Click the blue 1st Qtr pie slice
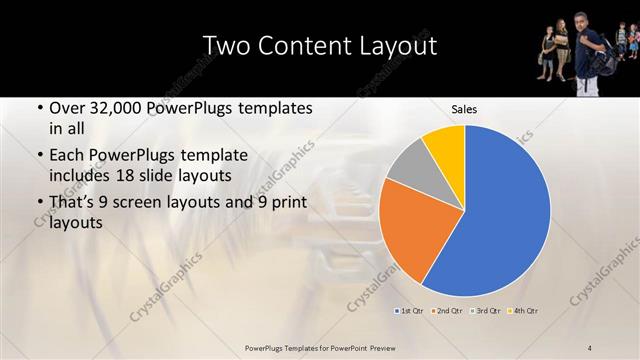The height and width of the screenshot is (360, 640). pyautogui.click(x=500, y=210)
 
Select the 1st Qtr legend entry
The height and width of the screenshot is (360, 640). pyautogui.click(x=408, y=311)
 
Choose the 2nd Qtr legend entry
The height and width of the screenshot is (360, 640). pyautogui.click(x=446, y=311)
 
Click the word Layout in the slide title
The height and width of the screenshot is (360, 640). pyautogui.click(x=394, y=46)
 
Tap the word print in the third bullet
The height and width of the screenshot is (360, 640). pyautogui.click(x=282, y=203)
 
